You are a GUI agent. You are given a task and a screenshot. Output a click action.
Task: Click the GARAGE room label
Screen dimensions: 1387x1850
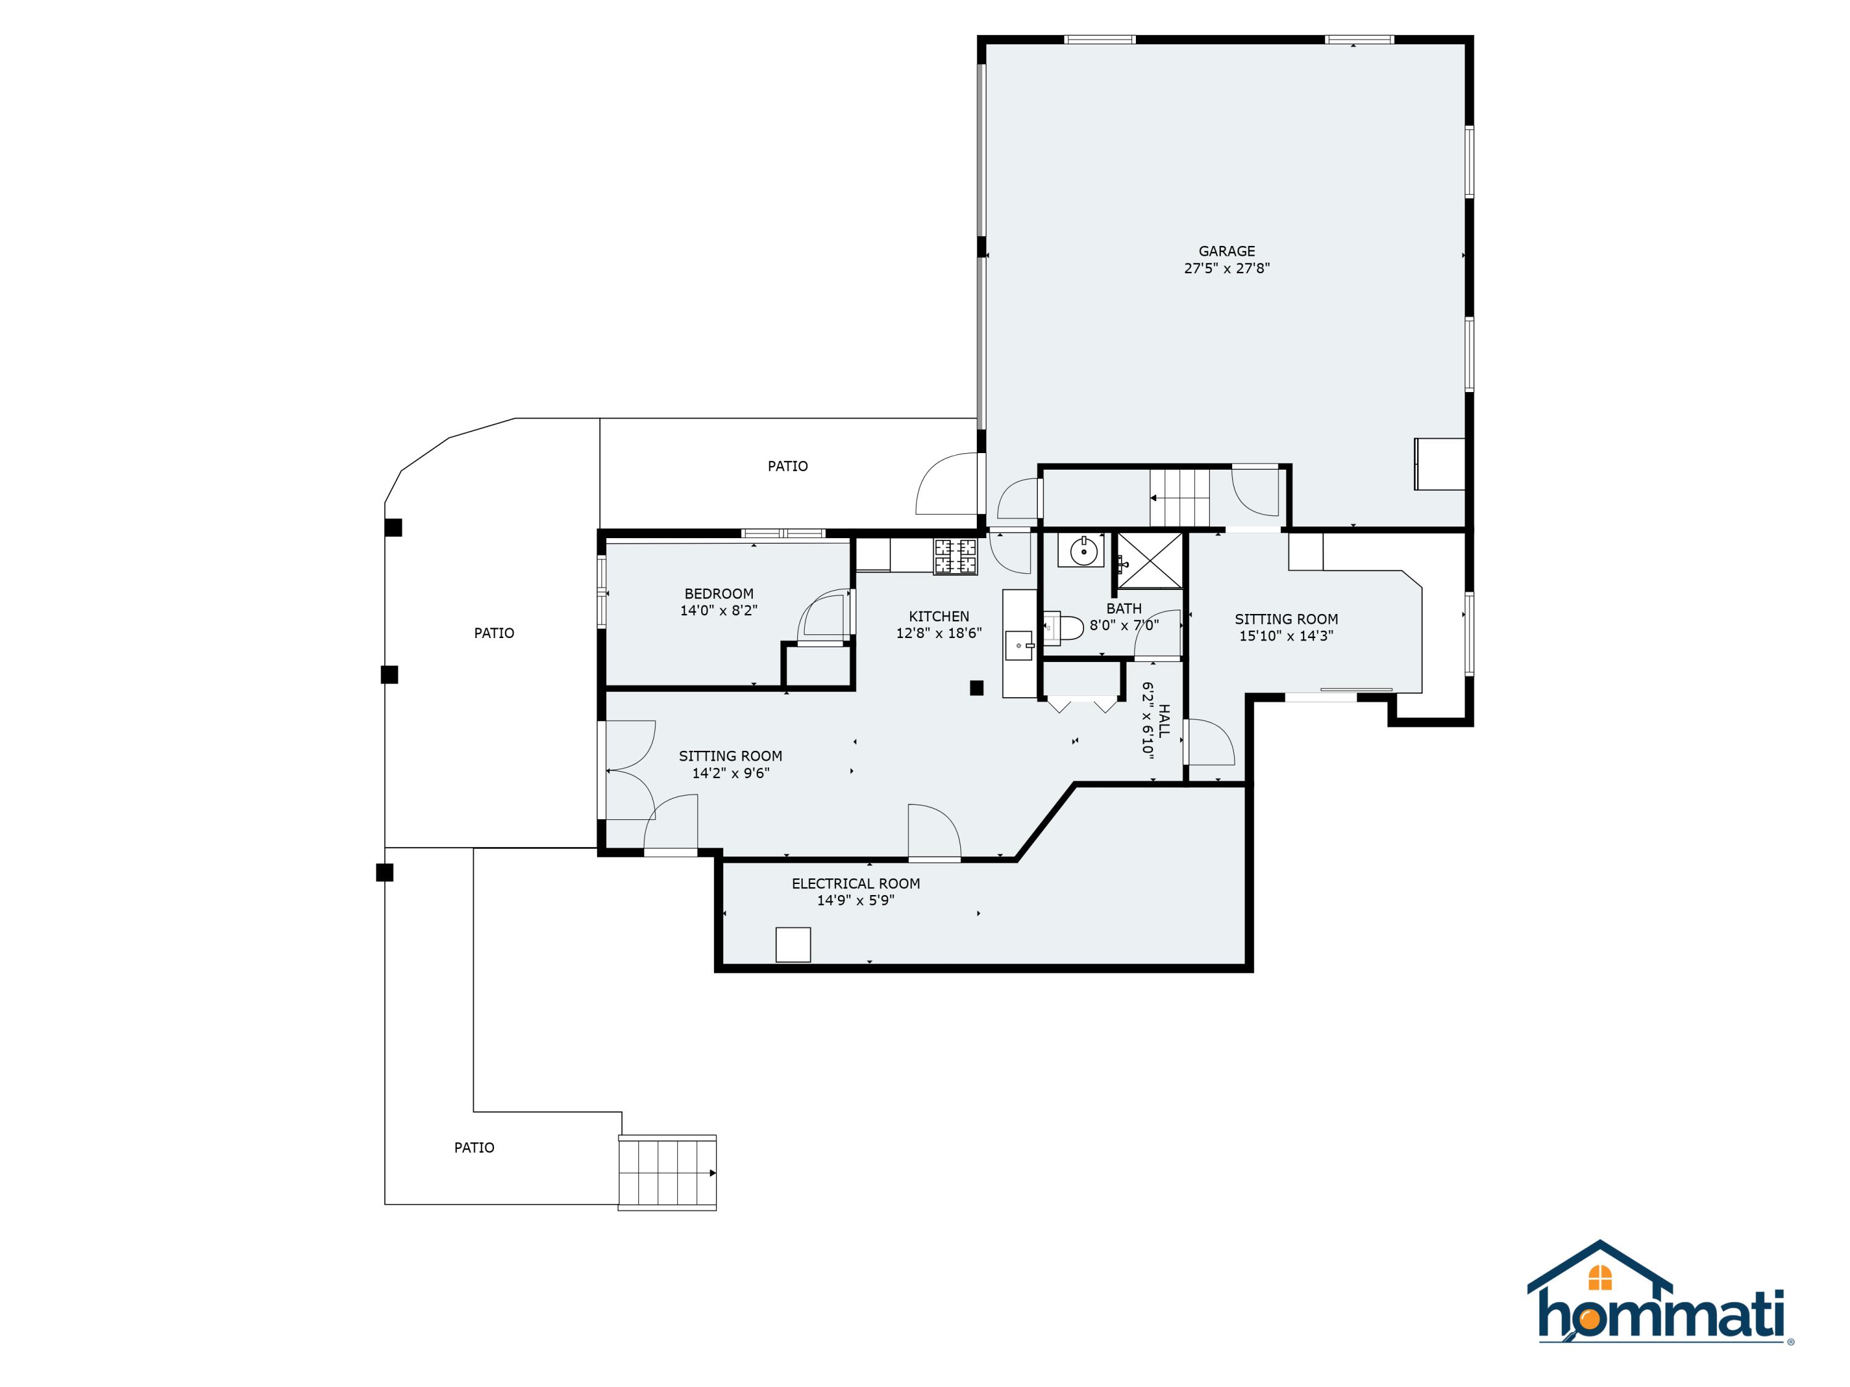pyautogui.click(x=1226, y=251)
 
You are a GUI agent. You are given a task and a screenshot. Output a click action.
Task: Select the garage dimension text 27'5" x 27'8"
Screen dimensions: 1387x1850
pyautogui.click(x=1226, y=268)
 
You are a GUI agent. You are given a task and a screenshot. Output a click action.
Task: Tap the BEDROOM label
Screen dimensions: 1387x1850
pyautogui.click(x=718, y=594)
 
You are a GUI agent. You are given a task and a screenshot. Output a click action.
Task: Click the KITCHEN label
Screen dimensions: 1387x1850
pyautogui.click(x=939, y=616)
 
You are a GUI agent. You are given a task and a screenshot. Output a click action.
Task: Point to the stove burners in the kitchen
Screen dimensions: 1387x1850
pyautogui.click(x=955, y=557)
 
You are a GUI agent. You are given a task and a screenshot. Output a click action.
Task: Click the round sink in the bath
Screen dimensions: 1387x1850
pyautogui.click(x=1083, y=552)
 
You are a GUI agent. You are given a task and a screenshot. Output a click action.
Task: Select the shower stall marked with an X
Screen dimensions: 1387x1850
pyautogui.click(x=1150, y=560)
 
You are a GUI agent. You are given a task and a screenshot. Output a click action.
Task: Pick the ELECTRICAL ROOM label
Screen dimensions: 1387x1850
pyautogui.click(x=855, y=884)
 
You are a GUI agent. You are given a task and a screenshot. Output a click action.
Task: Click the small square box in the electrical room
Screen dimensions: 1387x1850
pyautogui.click(x=793, y=945)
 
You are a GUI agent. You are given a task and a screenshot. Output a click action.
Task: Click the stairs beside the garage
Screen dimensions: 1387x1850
pyautogui.click(x=1179, y=498)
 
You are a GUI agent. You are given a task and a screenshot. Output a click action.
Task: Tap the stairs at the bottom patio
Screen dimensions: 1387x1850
pyautogui.click(x=667, y=1172)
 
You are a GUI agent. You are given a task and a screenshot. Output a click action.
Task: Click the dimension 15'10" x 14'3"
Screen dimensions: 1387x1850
pyautogui.click(x=1286, y=636)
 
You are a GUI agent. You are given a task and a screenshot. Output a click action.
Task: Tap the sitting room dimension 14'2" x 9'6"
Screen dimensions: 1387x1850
pyautogui.click(x=730, y=774)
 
